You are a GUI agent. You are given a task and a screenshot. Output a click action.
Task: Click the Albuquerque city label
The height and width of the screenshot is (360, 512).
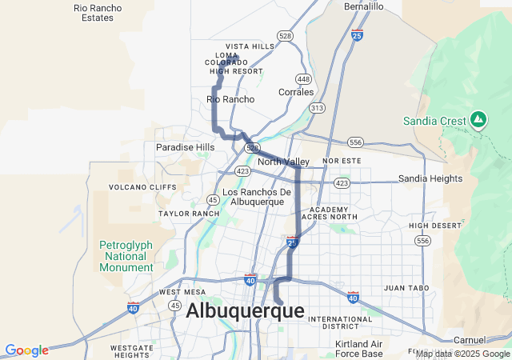245,311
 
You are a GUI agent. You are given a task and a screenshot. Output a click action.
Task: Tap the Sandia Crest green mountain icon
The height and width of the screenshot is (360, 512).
478,120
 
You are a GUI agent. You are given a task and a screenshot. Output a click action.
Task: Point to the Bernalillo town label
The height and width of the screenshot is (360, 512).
364,6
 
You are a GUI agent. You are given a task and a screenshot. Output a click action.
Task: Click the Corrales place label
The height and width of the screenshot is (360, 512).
296,92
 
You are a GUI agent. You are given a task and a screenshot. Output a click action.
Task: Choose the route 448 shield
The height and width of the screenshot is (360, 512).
303,78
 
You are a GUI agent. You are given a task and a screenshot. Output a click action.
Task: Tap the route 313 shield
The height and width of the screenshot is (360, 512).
318,107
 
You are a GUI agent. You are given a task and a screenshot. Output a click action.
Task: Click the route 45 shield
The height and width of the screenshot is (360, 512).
213,200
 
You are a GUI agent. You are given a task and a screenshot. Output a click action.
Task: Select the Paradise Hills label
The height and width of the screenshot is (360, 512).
185,147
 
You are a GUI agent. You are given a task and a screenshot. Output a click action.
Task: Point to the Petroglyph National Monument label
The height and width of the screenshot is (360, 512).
125,256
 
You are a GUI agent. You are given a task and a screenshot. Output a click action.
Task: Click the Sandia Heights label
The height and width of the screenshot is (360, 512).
430,178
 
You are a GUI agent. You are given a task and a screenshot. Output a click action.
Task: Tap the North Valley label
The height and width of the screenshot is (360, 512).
284,162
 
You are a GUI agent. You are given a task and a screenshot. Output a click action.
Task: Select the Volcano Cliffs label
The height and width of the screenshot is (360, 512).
142,187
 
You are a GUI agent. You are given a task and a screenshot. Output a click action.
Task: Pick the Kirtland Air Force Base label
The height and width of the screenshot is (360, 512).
359,349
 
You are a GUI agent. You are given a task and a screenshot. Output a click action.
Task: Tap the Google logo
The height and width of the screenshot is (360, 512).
26,350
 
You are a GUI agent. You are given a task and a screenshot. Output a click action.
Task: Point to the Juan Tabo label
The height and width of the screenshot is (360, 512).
404,287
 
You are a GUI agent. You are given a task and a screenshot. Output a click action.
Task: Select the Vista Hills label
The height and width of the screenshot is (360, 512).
250,46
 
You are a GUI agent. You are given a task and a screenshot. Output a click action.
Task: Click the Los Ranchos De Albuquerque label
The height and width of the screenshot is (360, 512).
257,197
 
